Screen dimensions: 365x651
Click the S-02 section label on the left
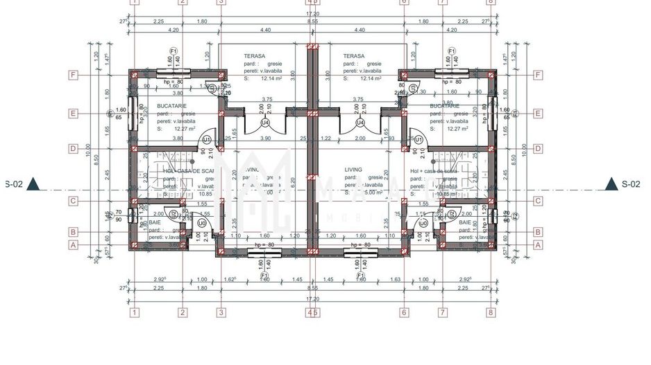pos(14,184)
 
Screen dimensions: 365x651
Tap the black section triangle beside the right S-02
pos(611,184)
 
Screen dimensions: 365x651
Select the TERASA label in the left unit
pos(255,55)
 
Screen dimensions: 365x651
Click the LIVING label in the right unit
pos(353,169)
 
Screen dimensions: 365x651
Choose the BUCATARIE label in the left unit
pos(171,106)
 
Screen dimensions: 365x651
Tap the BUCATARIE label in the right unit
pos(444,106)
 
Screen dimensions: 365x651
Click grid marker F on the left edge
pos(72,75)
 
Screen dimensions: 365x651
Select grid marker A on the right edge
pos(538,244)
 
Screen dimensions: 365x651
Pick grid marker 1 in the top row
pos(135,2)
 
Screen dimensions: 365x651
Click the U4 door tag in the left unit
pos(265,123)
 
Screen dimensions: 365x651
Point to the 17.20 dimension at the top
pos(312,13)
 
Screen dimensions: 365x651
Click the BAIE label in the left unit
pos(154,222)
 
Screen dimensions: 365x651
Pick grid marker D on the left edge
pos(72,148)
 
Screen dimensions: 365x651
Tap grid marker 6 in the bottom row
pos(403,312)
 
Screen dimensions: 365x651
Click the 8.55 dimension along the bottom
pos(312,287)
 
